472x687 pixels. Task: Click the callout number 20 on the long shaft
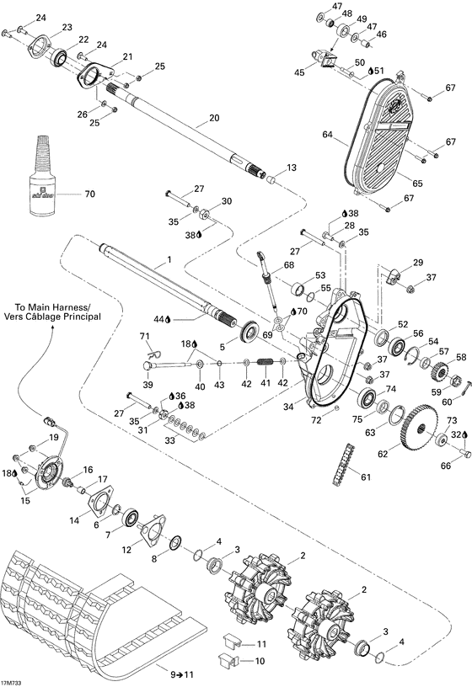tap(213, 118)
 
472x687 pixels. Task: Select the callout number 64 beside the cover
tap(327, 133)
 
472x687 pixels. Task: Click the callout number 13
tap(292, 168)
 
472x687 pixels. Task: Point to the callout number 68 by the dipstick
tap(288, 266)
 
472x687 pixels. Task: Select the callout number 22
tap(83, 40)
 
